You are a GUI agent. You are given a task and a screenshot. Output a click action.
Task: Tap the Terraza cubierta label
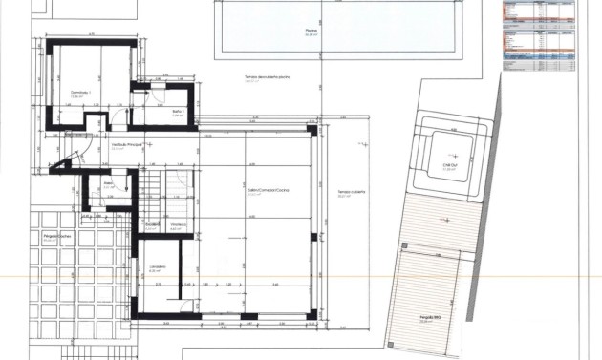tap(351, 194)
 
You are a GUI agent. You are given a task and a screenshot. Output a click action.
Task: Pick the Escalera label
tap(151, 226)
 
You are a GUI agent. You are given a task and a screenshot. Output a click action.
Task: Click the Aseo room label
tap(108, 185)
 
